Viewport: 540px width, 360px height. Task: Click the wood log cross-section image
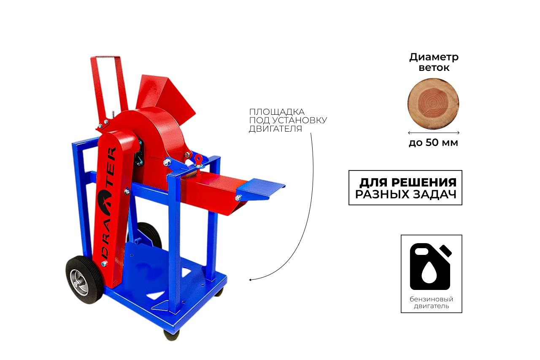point(433,104)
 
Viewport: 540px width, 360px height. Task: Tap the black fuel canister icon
point(431,266)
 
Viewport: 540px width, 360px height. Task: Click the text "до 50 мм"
point(433,143)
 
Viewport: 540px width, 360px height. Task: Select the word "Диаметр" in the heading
point(434,57)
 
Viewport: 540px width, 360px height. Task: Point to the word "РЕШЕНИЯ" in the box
point(424,182)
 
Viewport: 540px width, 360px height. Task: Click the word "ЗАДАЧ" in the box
point(435,194)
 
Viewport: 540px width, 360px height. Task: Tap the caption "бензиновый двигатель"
point(431,303)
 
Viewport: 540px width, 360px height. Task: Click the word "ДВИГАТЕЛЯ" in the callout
point(275,129)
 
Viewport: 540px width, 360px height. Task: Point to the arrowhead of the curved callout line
point(250,280)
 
